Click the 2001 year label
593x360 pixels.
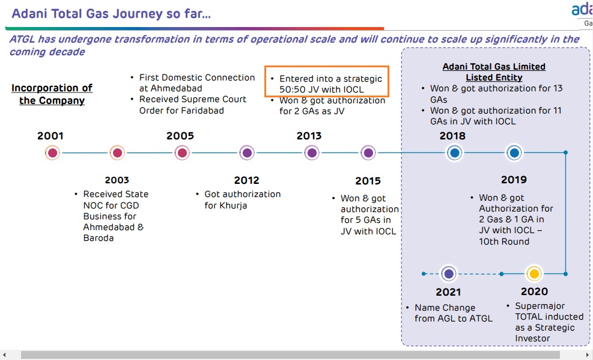pyautogui.click(x=50, y=136)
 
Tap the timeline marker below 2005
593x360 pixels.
pyautogui.click(x=182, y=153)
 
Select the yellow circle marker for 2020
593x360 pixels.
pyautogui.click(x=534, y=273)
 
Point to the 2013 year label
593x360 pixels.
pyautogui.click(x=309, y=136)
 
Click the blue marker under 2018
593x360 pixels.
pyautogui.click(x=455, y=153)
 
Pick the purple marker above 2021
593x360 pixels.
pyautogui.click(x=449, y=273)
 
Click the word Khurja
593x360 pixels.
pyautogui.click(x=226, y=206)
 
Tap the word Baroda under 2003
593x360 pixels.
pyautogui.click(x=99, y=238)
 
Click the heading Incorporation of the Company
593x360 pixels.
pyautogui.click(x=52, y=94)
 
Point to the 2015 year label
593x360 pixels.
pyautogui.click(x=368, y=181)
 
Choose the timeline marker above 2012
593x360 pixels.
pyautogui.click(x=247, y=153)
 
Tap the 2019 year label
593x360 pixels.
pyautogui.click(x=514, y=180)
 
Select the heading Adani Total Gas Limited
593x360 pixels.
pyautogui.click(x=494, y=67)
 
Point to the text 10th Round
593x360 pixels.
pyautogui.click(x=504, y=241)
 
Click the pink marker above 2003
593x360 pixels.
pyautogui.click(x=117, y=153)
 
